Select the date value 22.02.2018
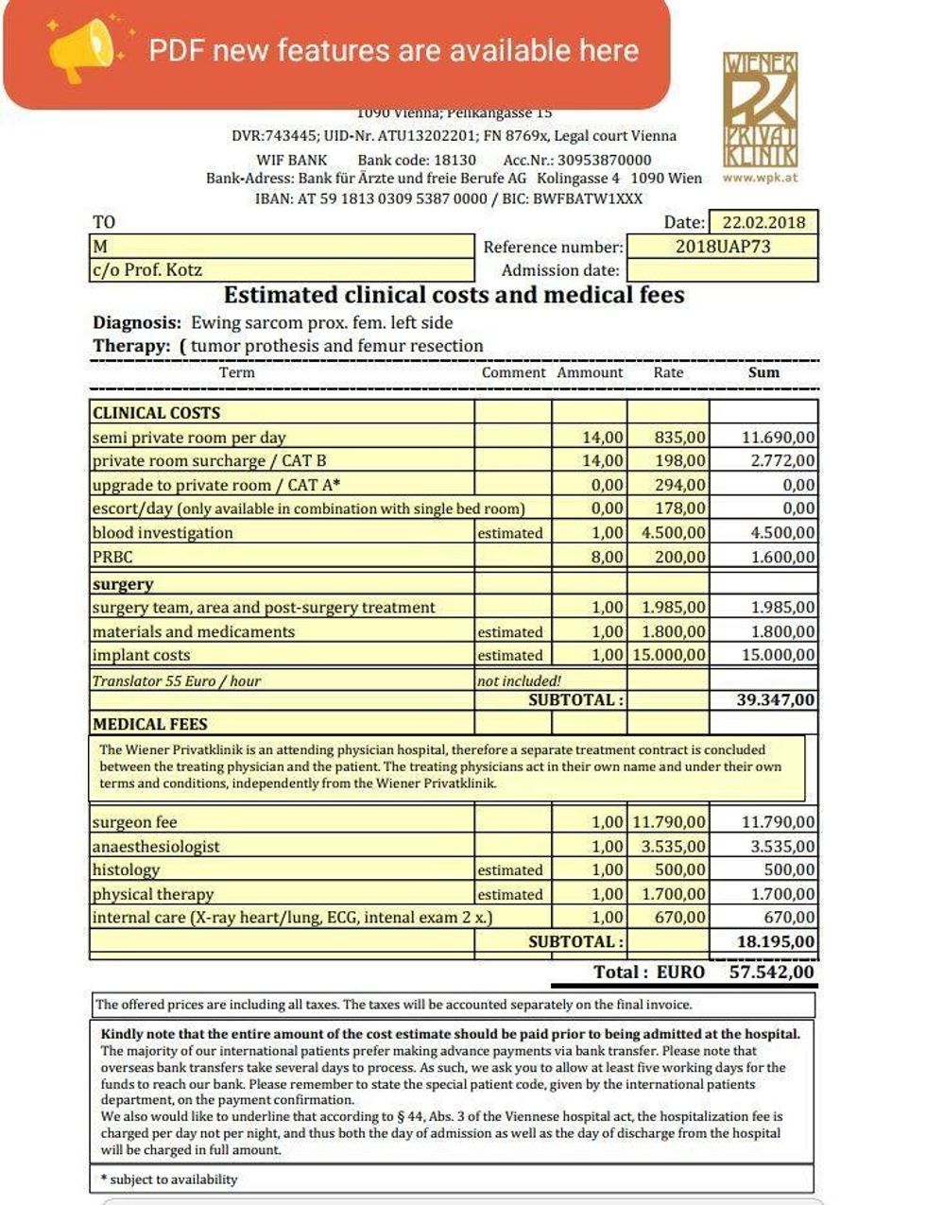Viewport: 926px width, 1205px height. tap(763, 223)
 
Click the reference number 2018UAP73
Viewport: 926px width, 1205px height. tap(723, 247)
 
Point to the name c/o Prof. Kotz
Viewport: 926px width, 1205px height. tap(147, 270)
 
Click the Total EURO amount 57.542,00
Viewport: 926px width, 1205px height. tap(771, 972)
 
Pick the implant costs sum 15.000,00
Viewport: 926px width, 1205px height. tap(778, 655)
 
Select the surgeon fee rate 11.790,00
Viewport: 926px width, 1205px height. tap(669, 822)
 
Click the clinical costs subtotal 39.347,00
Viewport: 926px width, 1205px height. tap(775, 700)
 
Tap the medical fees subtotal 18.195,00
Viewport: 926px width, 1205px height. tap(775, 941)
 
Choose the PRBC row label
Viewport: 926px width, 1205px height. tap(112, 557)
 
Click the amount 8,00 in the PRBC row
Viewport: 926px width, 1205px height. tap(608, 557)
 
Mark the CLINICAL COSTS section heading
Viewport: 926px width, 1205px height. tap(156, 413)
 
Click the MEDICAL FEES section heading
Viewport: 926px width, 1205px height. tap(149, 724)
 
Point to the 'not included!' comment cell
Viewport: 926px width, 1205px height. tap(519, 680)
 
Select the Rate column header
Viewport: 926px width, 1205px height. tap(668, 372)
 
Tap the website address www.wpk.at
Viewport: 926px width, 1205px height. tap(760, 177)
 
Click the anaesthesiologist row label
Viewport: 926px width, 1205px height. tap(156, 847)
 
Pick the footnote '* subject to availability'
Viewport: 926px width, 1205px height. tap(169, 1179)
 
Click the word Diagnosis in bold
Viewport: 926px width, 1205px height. tap(136, 322)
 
